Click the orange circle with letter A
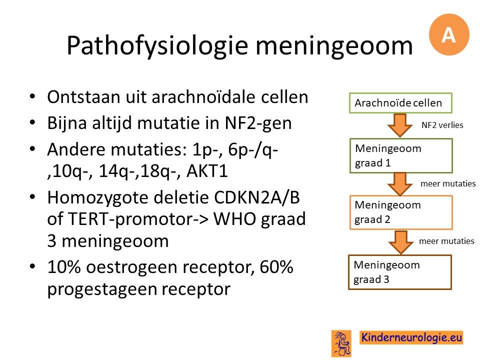449,34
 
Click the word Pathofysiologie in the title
157,46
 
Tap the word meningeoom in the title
334,46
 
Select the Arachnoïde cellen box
400,103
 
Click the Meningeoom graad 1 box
401,156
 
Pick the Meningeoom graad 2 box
401,212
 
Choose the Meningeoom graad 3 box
400,272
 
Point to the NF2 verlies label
442,125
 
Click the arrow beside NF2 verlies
400,125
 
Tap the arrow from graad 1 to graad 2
400,184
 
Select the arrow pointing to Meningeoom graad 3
400,242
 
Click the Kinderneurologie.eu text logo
411,337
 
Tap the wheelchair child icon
341,343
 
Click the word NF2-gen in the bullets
258,123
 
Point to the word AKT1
207,171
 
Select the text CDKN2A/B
256,197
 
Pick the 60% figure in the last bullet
276,267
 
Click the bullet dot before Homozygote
32,197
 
